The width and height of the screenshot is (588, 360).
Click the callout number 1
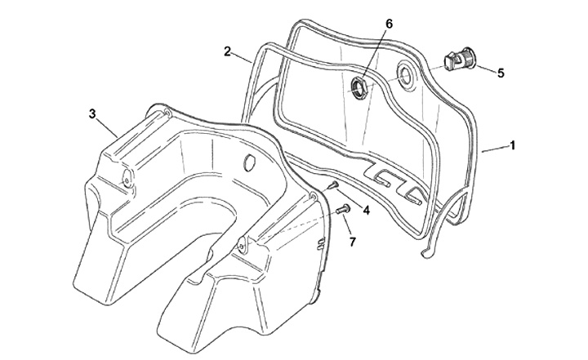[x=511, y=145]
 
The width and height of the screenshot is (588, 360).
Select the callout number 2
[x=227, y=51]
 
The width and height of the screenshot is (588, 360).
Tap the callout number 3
[x=92, y=114]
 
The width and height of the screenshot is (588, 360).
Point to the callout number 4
[x=367, y=211]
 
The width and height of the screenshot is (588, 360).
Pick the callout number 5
[x=501, y=73]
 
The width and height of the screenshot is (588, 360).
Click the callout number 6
[x=390, y=24]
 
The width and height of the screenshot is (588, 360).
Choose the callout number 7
[x=352, y=242]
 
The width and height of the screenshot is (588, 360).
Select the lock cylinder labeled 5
[x=460, y=60]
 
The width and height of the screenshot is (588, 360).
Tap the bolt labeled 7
[x=343, y=209]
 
